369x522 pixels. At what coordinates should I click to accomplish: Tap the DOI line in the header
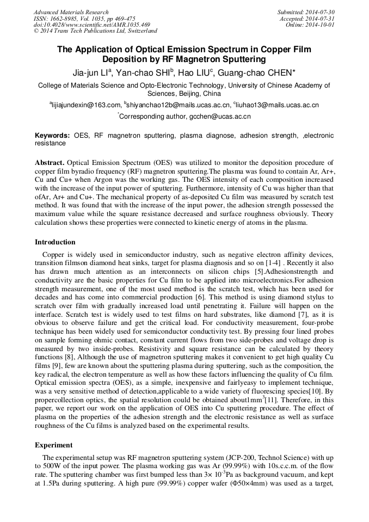(91, 25)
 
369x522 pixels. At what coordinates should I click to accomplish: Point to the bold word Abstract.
(51, 163)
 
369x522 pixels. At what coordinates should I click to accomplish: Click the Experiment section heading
(53, 445)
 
